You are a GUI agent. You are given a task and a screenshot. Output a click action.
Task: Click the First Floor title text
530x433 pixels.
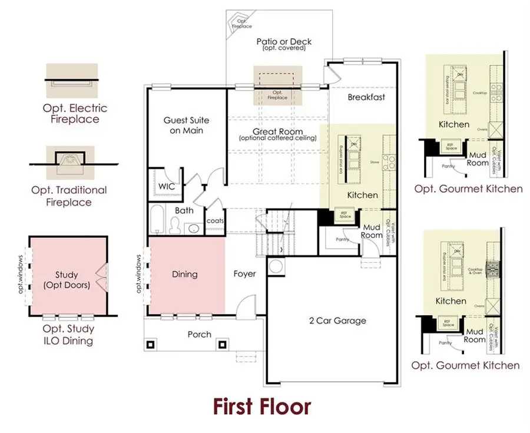click(x=261, y=406)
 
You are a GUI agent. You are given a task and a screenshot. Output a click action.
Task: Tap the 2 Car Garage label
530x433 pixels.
click(x=337, y=321)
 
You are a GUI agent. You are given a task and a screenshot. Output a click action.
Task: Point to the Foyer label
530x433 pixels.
click(x=244, y=274)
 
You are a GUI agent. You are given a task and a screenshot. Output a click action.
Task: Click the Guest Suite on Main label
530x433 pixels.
click(x=186, y=125)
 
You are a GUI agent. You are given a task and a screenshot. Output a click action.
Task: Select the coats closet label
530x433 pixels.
click(x=214, y=222)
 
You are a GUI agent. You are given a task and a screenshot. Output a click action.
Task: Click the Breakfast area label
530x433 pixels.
click(x=366, y=97)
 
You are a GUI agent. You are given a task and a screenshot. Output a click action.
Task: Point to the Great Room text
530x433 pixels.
click(x=277, y=132)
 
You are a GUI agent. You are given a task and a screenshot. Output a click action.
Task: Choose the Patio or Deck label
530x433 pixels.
click(x=284, y=42)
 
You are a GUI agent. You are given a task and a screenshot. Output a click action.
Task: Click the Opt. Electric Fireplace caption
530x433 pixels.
click(x=74, y=114)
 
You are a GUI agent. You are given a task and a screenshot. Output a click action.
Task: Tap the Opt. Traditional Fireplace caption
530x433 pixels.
click(x=69, y=196)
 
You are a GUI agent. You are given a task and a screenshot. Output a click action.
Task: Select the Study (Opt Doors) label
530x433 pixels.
click(x=67, y=280)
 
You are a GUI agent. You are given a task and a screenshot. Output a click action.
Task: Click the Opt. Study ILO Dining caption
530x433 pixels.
click(x=68, y=335)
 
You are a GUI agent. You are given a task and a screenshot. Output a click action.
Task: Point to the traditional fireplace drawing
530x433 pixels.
click(x=69, y=159)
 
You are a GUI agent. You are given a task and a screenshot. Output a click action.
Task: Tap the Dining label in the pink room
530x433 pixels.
click(x=184, y=274)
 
